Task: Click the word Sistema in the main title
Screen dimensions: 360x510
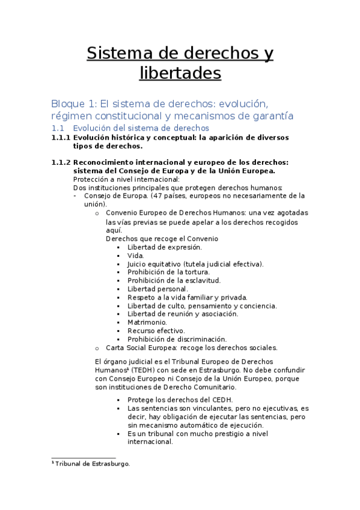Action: tap(117, 54)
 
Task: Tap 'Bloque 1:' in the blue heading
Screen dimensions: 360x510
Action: tap(69, 103)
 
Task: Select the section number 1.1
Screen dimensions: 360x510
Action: tap(58, 128)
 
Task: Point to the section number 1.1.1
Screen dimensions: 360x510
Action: tap(61, 137)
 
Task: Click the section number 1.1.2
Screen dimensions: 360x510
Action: tap(61, 162)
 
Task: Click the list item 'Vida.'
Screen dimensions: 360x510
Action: tap(136, 255)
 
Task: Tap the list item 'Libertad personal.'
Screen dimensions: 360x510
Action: tap(157, 289)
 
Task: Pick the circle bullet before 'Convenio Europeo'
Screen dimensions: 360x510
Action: tap(97, 213)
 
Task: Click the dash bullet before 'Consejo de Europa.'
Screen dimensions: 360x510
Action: tap(74, 196)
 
